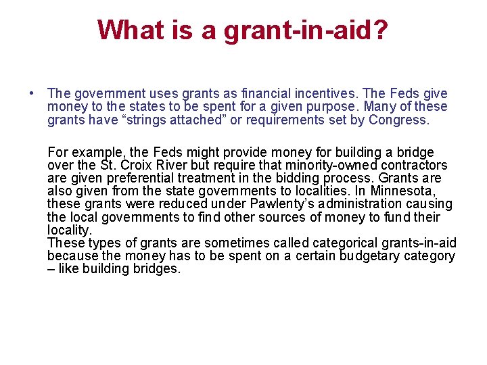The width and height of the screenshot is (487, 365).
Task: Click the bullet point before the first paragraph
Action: pyautogui.click(x=32, y=93)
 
